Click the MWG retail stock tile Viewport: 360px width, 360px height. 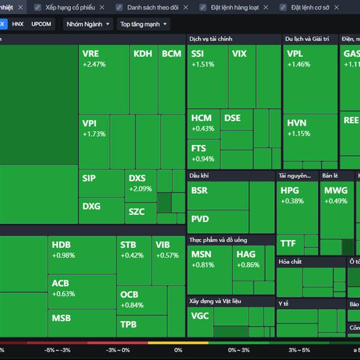pos(336,204)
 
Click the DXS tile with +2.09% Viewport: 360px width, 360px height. pos(140,187)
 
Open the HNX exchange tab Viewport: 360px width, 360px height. pos(18,24)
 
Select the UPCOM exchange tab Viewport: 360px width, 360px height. pos(41,24)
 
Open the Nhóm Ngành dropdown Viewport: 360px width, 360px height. pos(88,25)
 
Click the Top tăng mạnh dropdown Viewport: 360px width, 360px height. pos(143,25)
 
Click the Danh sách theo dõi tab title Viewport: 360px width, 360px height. pos(152,7)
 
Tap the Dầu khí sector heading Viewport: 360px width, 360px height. pos(199,176)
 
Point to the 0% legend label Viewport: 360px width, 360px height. pos(178,350)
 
